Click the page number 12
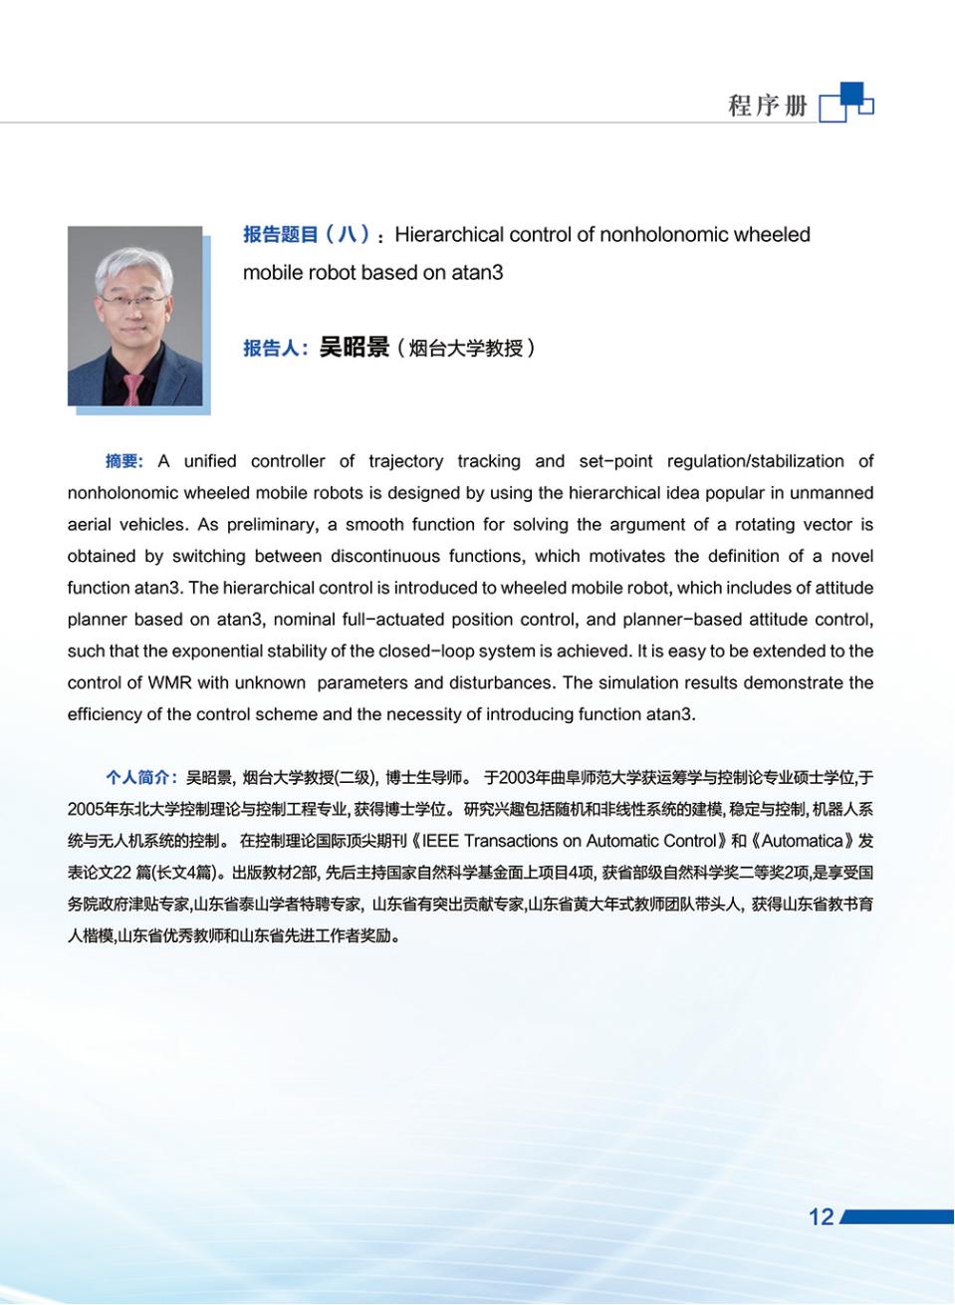click(x=821, y=1216)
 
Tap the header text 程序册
click(x=767, y=106)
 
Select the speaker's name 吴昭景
click(x=354, y=348)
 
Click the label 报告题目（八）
click(x=307, y=235)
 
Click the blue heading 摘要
click(x=123, y=461)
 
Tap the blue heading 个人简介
click(x=141, y=778)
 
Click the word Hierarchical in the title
click(x=449, y=235)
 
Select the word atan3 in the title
click(x=477, y=273)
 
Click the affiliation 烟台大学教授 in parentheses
click(x=466, y=349)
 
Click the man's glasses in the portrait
click(x=131, y=295)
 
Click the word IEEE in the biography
click(x=441, y=841)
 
